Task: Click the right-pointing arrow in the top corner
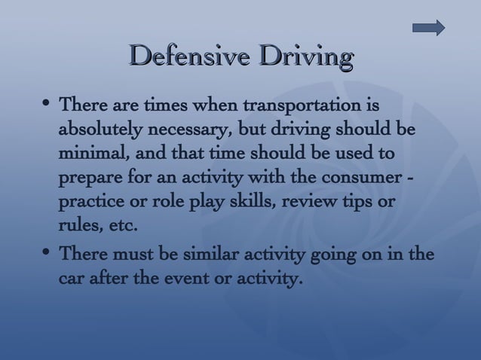(x=429, y=28)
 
